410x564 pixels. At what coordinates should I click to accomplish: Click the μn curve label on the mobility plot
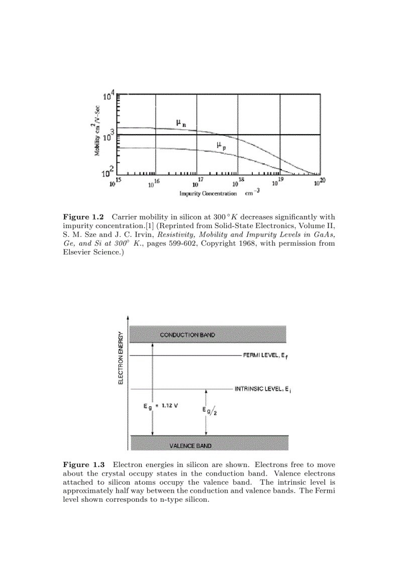180,123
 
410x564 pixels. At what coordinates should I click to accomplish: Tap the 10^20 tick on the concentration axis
320,182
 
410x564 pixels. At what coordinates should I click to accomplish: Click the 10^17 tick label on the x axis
198,182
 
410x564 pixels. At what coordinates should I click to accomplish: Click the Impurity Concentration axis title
208,193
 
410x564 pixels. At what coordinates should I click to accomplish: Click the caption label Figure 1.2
83,217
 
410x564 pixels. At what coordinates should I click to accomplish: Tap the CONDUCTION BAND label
187,335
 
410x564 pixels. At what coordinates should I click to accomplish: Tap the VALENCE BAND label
190,445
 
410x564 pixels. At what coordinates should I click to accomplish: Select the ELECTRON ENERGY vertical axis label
121,357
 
